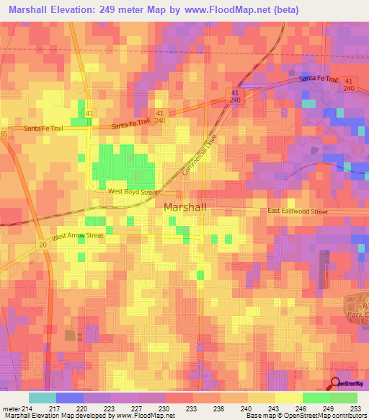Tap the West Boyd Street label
click(x=133, y=192)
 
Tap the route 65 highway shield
click(x=4, y=134)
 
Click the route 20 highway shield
click(x=43, y=246)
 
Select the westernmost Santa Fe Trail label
click(x=45, y=128)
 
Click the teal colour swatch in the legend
click(x=42, y=398)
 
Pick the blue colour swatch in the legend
click(x=69, y=398)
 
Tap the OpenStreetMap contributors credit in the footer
click(x=319, y=416)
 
